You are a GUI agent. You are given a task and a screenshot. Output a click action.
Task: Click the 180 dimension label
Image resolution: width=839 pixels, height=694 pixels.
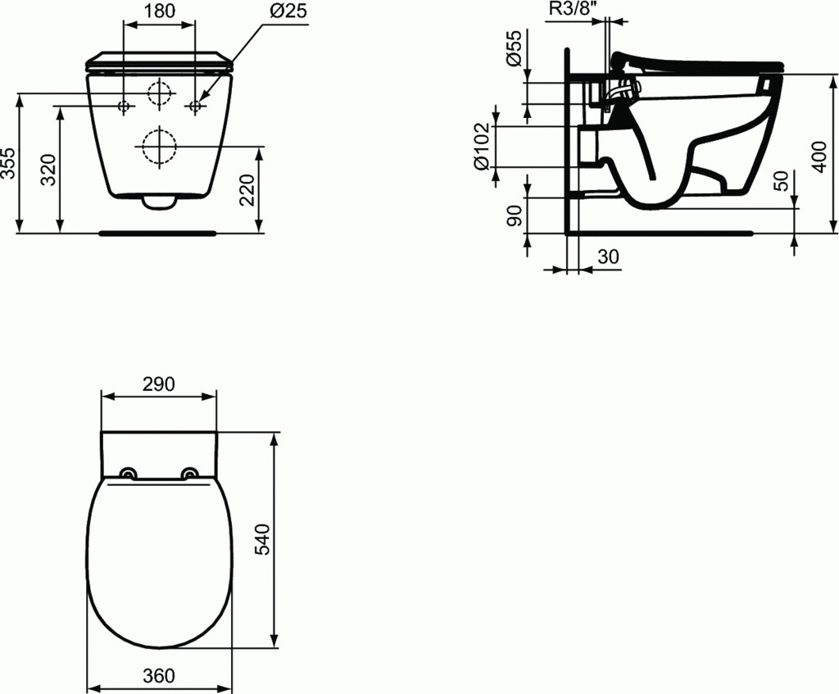click(x=159, y=11)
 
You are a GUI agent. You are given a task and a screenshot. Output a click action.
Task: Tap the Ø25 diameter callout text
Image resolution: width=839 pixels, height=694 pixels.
click(x=288, y=11)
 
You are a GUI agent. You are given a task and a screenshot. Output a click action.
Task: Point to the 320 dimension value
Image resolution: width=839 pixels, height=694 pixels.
click(x=48, y=170)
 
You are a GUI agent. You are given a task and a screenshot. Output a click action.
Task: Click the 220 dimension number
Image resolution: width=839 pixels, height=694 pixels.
click(x=247, y=190)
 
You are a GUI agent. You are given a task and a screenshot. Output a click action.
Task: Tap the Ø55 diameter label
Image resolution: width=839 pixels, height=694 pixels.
click(x=513, y=48)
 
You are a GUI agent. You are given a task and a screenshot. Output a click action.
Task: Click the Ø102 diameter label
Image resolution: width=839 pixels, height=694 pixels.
click(x=482, y=146)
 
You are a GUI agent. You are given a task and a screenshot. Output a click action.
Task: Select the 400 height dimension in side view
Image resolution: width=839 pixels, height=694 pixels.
click(x=819, y=156)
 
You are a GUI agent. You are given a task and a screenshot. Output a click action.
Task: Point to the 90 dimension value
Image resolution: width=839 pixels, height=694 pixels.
click(x=515, y=216)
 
